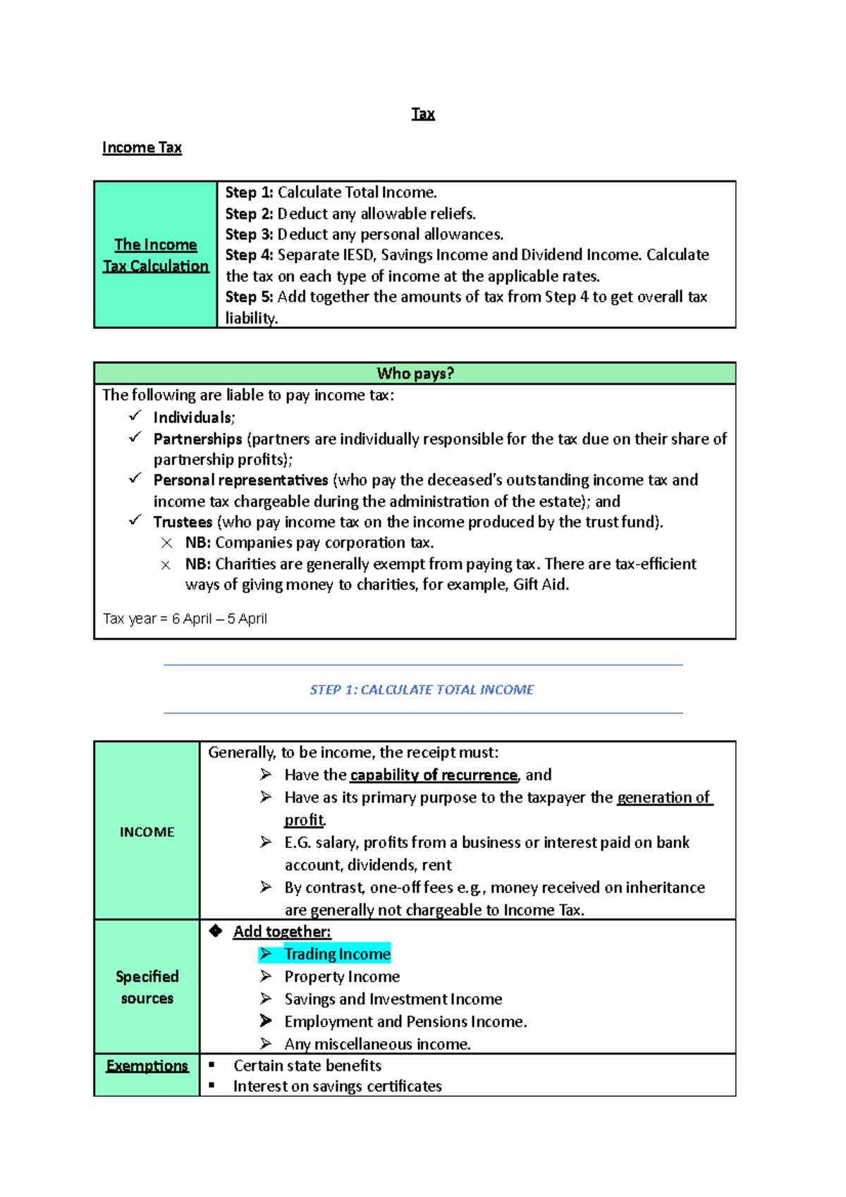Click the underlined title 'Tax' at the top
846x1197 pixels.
(423, 114)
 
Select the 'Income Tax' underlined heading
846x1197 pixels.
(142, 148)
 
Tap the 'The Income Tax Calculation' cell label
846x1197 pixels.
(156, 255)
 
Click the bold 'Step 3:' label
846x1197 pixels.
(249, 234)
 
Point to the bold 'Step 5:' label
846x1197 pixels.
(249, 297)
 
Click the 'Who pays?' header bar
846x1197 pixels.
(415, 374)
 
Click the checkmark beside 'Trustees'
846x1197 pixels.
(135, 520)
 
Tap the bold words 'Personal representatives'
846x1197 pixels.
(240, 480)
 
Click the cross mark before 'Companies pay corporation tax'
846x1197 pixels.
(166, 543)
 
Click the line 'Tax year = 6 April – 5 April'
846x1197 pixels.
(185, 619)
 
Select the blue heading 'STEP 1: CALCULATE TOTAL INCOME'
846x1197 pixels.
(422, 689)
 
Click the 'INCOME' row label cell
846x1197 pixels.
(147, 832)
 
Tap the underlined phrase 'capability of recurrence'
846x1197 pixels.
(434, 775)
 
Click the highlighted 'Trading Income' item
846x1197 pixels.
(337, 954)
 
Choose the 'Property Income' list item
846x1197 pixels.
(342, 976)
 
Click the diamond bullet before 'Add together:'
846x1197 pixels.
(216, 931)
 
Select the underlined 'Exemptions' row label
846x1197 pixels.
(147, 1066)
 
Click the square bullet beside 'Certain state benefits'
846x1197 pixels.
(211, 1064)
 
